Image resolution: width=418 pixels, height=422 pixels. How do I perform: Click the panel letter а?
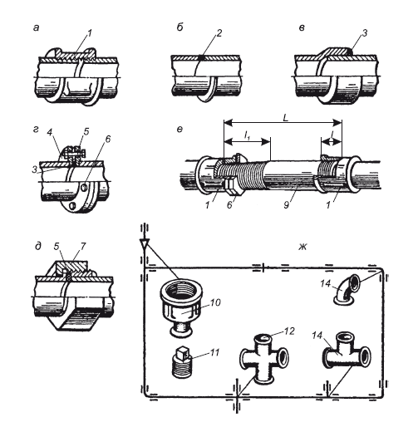click(x=36, y=28)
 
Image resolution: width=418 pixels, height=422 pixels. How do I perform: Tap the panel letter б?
click(x=179, y=27)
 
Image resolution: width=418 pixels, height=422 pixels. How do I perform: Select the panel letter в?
click(x=302, y=28)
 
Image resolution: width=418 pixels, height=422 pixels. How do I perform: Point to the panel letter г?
click(x=36, y=130)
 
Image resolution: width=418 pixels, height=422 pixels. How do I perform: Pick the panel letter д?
click(x=38, y=246)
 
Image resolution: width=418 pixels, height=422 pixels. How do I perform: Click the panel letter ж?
click(x=302, y=247)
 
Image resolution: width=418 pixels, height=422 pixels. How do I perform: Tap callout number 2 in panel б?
click(x=219, y=33)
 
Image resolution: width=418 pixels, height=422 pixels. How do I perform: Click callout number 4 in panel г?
click(x=50, y=132)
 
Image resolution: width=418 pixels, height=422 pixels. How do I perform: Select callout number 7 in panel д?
click(x=82, y=246)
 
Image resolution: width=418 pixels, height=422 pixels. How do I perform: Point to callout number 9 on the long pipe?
click(x=286, y=205)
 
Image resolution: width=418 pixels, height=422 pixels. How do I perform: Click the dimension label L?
click(x=285, y=118)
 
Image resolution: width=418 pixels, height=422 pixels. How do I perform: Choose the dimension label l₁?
click(x=248, y=135)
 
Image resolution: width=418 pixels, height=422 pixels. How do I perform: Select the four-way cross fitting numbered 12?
click(x=264, y=359)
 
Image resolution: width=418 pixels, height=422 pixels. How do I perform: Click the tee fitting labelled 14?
click(x=347, y=353)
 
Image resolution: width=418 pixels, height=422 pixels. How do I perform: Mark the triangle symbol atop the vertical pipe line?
click(x=145, y=243)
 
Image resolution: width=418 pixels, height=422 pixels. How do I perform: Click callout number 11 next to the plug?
click(x=213, y=352)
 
